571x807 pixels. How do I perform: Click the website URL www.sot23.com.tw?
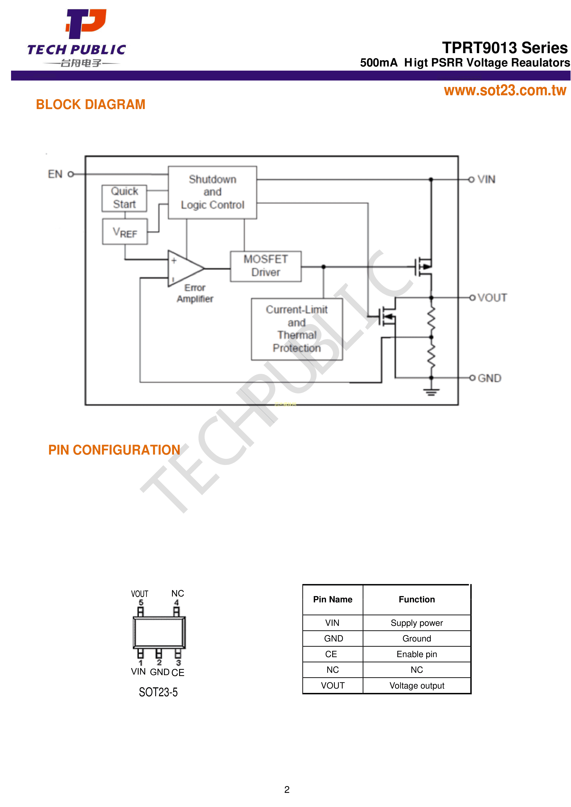coord(505,90)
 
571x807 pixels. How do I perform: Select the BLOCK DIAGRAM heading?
coord(91,104)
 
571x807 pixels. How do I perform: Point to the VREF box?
coord(125,232)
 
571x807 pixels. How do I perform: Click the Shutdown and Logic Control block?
coord(212,192)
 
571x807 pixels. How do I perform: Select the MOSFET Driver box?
coord(266,266)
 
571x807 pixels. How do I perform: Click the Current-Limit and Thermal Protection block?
coord(297,329)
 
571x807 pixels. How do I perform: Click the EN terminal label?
coord(55,174)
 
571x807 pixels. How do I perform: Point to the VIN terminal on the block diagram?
coord(486,179)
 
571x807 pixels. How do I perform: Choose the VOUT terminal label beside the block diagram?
coord(492,298)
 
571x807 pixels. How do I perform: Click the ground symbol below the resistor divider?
coord(431,392)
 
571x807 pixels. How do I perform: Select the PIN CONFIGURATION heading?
coord(114,450)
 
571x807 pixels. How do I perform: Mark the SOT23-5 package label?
coord(158,692)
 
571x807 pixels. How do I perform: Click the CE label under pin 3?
coord(178,672)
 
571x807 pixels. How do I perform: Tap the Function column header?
coord(417,599)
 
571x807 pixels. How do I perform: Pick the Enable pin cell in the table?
coord(417,654)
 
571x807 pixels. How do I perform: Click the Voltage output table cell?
coord(417,685)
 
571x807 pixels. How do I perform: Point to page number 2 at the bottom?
coord(287,790)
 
